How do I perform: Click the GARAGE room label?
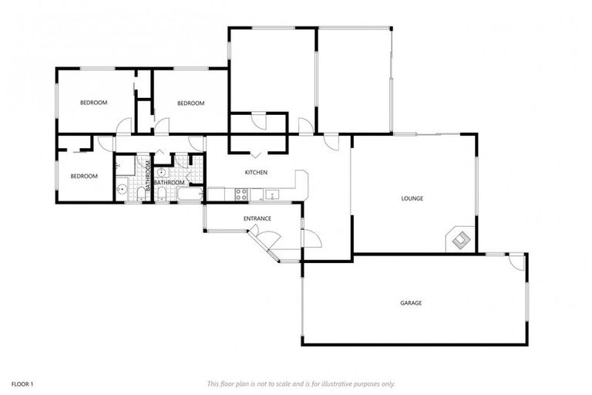pyautogui.click(x=410, y=303)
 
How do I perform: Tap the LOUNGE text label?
pyautogui.click(x=412, y=198)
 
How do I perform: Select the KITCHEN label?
pyautogui.click(x=256, y=172)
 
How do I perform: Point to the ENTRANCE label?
pyautogui.click(x=257, y=218)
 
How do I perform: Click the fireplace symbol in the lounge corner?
pyautogui.click(x=459, y=240)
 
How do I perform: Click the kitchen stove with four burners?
pyautogui.click(x=240, y=194)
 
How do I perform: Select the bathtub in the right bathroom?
pyautogui.click(x=189, y=194)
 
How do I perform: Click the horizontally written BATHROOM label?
pyautogui.click(x=169, y=182)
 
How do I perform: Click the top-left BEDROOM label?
pyautogui.click(x=94, y=103)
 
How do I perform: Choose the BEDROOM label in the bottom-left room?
pyautogui.click(x=84, y=176)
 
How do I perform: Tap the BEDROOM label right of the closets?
pyautogui.click(x=190, y=103)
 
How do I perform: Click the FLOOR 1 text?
pyautogui.click(x=22, y=383)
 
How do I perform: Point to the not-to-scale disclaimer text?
pyautogui.click(x=301, y=383)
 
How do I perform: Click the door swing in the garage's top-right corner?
pyautogui.click(x=517, y=262)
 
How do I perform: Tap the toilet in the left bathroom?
pyautogui.click(x=140, y=193)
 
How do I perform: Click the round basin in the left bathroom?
pyautogui.click(x=121, y=188)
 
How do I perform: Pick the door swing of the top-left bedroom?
pyautogui.click(x=124, y=126)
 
